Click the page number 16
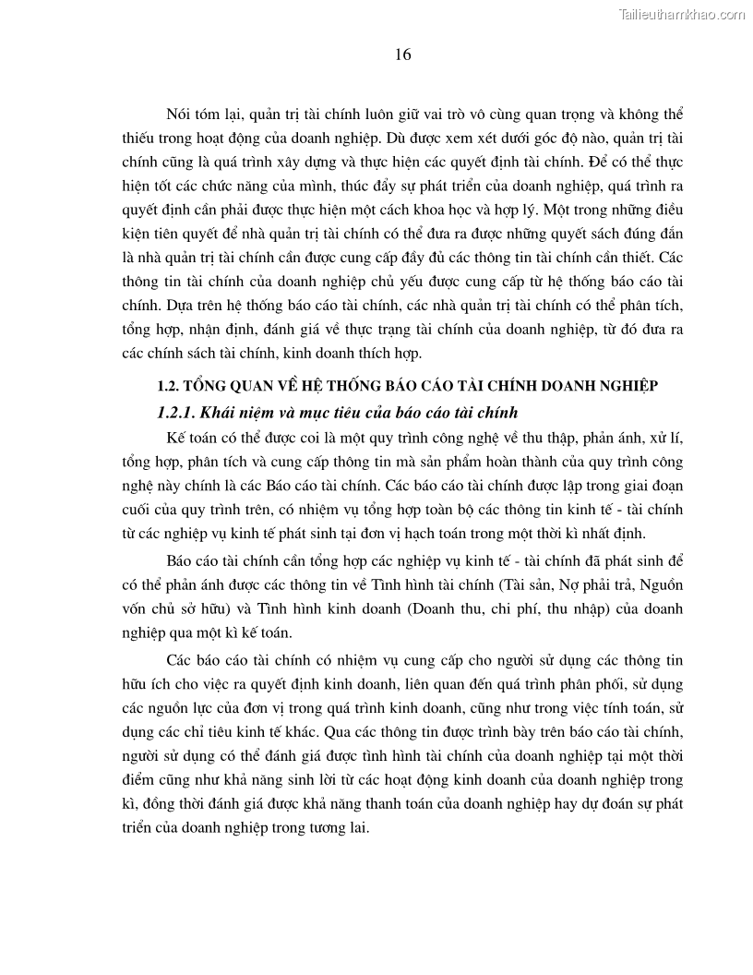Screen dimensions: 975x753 (402, 54)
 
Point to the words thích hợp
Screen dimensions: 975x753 (392, 353)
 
